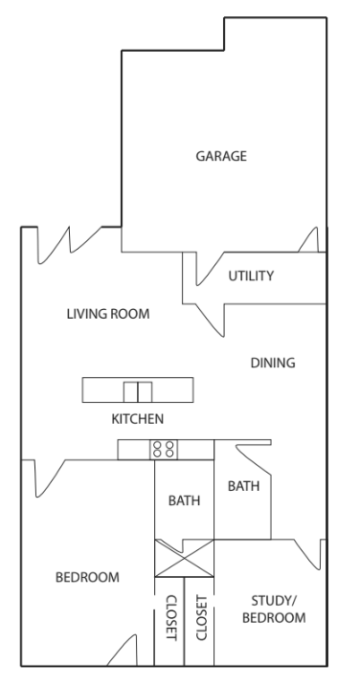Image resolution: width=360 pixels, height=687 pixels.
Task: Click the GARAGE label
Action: (x=221, y=156)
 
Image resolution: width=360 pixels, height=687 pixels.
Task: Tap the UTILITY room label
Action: (x=251, y=276)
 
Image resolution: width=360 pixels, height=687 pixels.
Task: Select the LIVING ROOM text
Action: (x=108, y=314)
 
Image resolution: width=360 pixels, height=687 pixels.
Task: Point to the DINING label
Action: (x=273, y=363)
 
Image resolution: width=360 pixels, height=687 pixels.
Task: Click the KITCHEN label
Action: (x=138, y=419)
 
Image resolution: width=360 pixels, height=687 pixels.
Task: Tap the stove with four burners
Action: (x=164, y=450)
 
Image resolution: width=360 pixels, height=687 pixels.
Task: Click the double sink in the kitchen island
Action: (x=138, y=391)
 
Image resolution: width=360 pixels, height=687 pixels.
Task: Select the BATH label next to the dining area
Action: (x=243, y=486)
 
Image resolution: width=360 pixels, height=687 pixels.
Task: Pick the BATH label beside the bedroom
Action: (x=184, y=500)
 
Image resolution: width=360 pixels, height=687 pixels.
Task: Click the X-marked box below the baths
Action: (x=184, y=558)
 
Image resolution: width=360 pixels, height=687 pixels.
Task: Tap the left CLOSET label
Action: (x=171, y=617)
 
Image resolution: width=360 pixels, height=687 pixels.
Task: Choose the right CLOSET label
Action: (x=201, y=617)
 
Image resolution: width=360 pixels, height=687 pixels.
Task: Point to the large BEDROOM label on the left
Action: (x=87, y=577)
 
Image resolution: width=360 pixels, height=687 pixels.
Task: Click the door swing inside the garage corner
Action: (x=313, y=239)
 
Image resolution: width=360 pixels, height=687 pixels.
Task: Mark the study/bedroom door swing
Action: (x=309, y=555)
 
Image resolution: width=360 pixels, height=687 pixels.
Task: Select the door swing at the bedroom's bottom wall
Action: (x=123, y=651)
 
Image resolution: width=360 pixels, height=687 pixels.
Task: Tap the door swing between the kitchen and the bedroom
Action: (x=50, y=478)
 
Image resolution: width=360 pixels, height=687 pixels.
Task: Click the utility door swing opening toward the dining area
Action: (x=210, y=321)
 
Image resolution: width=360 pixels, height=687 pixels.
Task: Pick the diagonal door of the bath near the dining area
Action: (x=254, y=460)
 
